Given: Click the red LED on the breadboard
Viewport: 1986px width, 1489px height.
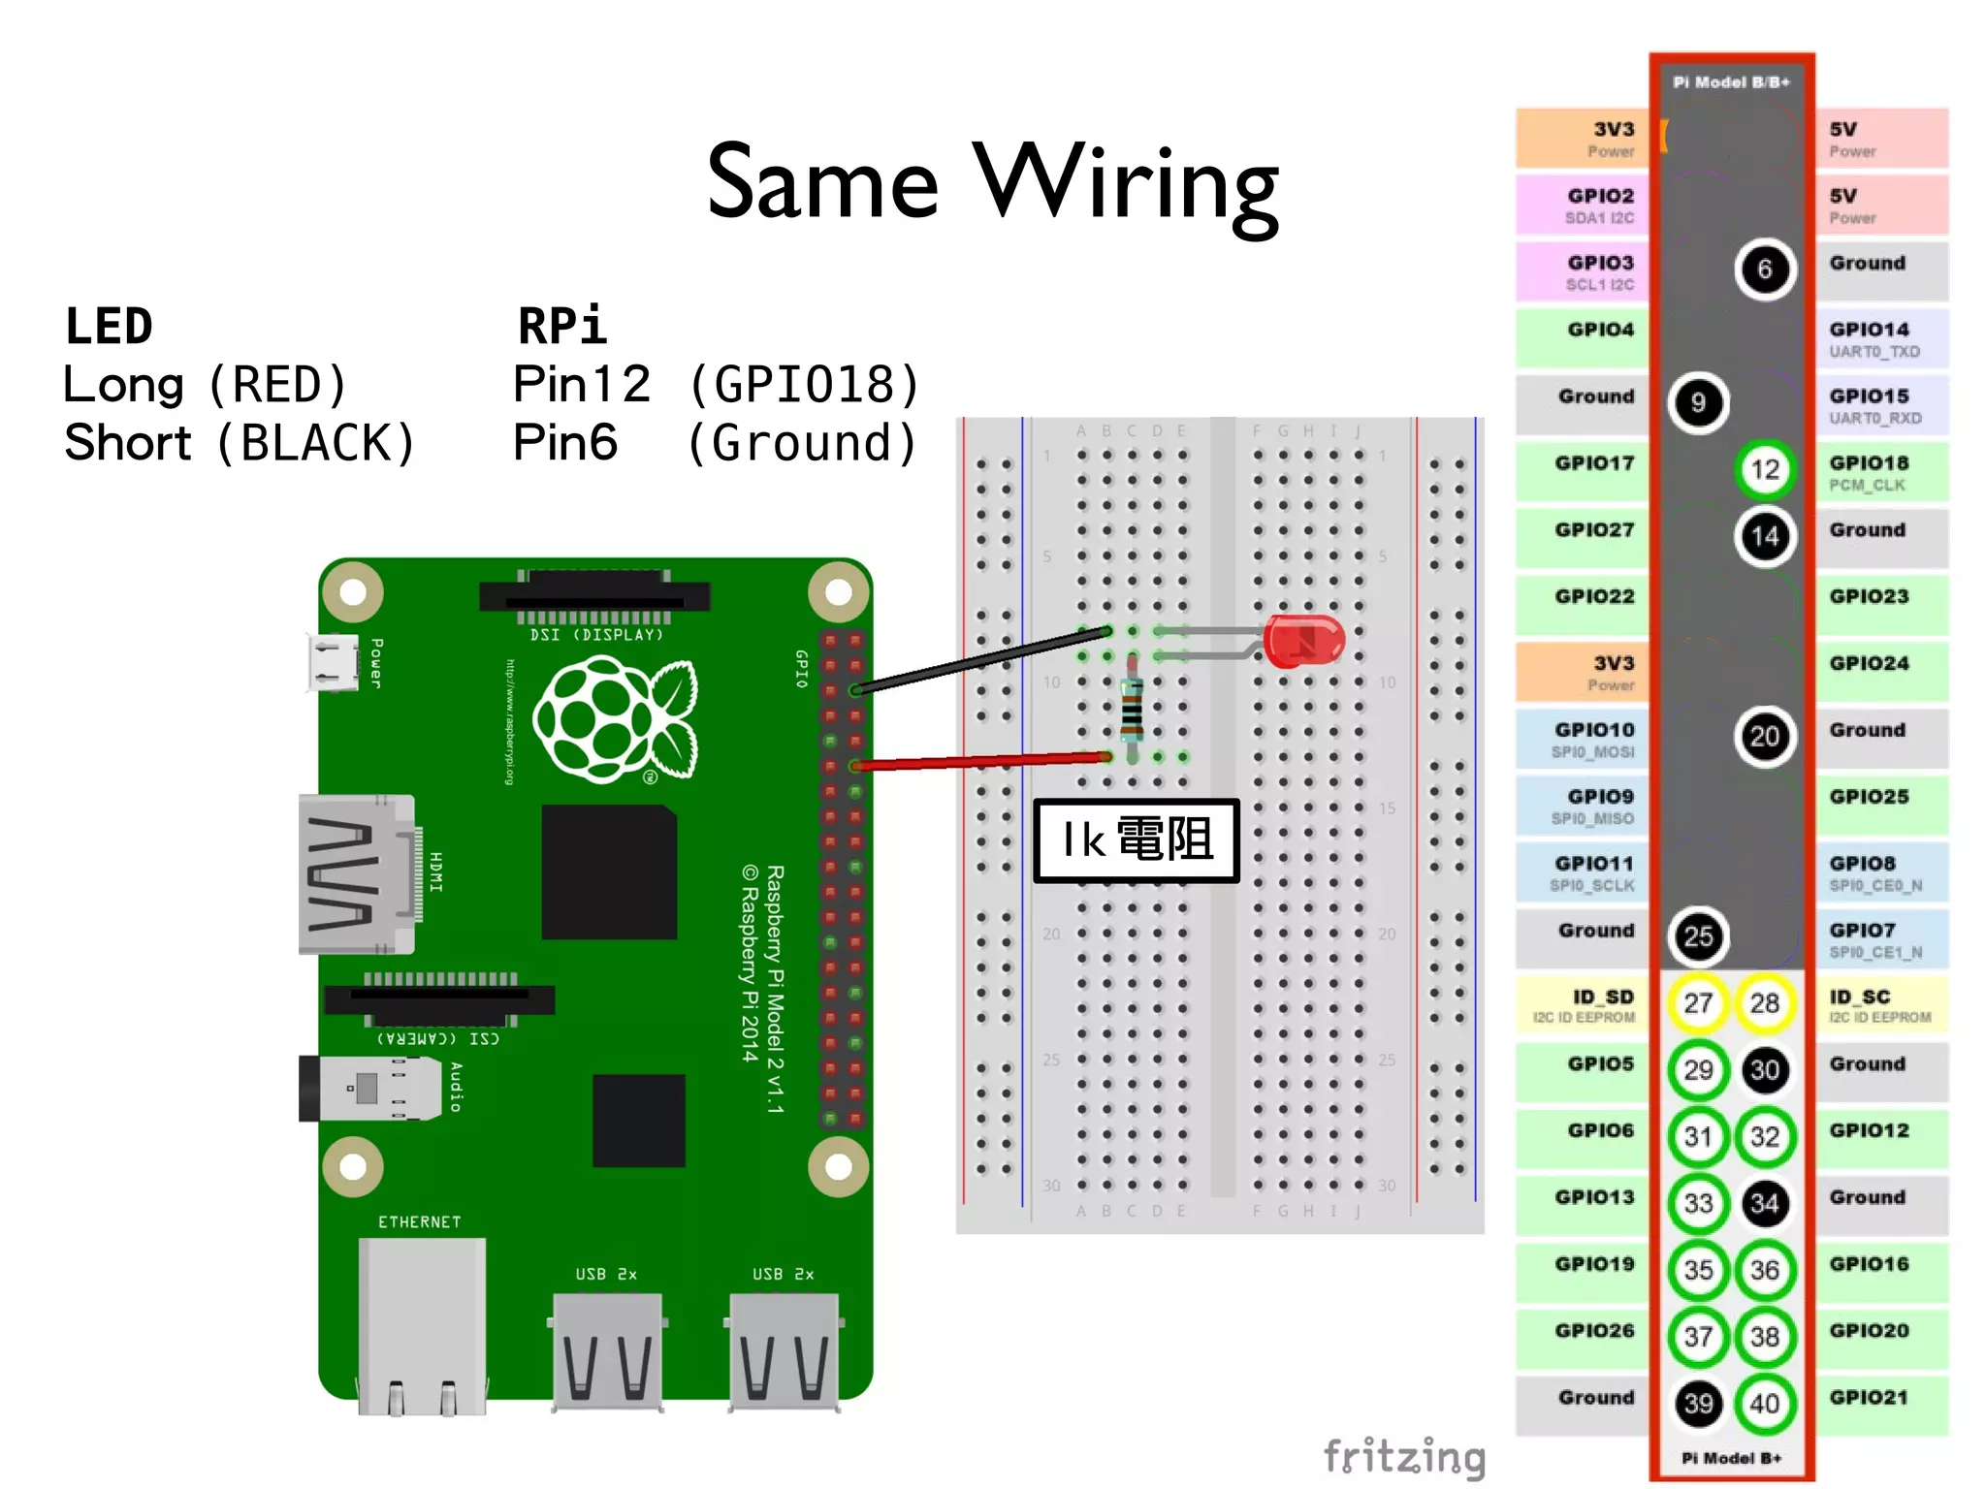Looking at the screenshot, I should pyautogui.click(x=1303, y=641).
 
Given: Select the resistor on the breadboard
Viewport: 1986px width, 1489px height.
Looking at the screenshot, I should pyautogui.click(x=1131, y=708).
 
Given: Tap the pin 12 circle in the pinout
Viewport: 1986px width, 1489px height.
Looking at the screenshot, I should pyautogui.click(x=1764, y=469).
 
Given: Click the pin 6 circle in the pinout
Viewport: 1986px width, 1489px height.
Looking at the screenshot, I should pyautogui.click(x=1764, y=269).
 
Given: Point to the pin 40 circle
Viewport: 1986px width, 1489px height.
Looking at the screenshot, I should pyautogui.click(x=1764, y=1403).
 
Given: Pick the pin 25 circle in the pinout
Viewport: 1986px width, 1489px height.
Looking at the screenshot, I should pyautogui.click(x=1698, y=935).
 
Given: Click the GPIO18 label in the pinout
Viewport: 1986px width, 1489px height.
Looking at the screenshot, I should pyautogui.click(x=1869, y=463).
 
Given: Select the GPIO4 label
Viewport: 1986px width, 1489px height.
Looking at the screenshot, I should pyautogui.click(x=1600, y=330).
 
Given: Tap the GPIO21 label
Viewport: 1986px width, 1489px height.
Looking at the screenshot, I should pyautogui.click(x=1869, y=1397).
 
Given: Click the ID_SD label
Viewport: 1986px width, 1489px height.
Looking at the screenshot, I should pyautogui.click(x=1602, y=997).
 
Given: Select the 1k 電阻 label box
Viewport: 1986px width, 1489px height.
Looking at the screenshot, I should pyautogui.click(x=1137, y=840).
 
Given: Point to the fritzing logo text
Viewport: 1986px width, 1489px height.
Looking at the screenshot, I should pyautogui.click(x=1404, y=1455).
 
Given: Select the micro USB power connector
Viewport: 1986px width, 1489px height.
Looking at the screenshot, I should pyautogui.click(x=333, y=662).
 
